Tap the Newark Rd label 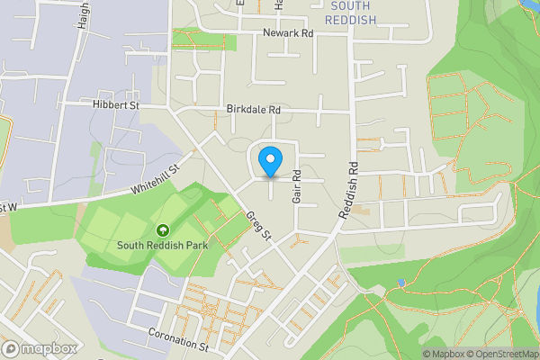tap(287, 33)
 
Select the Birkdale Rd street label tap(254, 109)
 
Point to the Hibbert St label tap(115, 104)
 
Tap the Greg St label tap(258, 225)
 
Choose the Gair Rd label tap(295, 187)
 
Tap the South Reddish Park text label tap(162, 244)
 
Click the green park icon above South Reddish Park tap(162, 229)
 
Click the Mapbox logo tap(40, 348)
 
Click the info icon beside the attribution tap(415, 354)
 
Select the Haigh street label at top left tap(84, 13)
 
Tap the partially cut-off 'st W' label tap(8, 207)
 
